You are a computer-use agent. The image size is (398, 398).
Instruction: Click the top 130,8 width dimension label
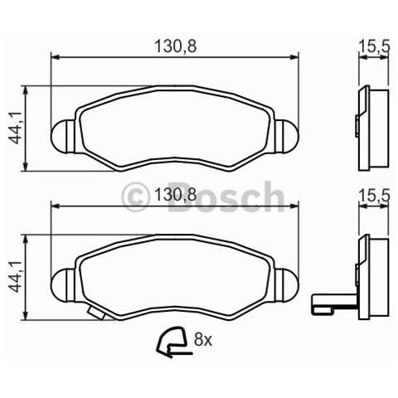coord(174,46)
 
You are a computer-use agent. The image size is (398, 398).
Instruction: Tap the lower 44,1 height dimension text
coord(14,276)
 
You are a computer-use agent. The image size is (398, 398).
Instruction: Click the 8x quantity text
coord(204,338)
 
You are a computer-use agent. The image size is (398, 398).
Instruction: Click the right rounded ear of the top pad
coord(286,134)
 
